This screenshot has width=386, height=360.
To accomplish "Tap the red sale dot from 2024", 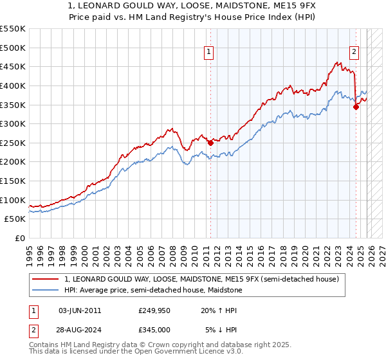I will [355, 107].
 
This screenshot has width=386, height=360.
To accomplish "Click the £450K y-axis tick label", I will [13, 67].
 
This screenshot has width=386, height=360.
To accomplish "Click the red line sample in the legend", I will [46, 279].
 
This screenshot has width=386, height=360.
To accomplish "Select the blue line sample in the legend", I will [46, 291].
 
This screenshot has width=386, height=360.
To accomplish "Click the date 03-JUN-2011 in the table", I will [80, 310].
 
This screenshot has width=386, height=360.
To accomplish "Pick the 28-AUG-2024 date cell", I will [80, 330].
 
